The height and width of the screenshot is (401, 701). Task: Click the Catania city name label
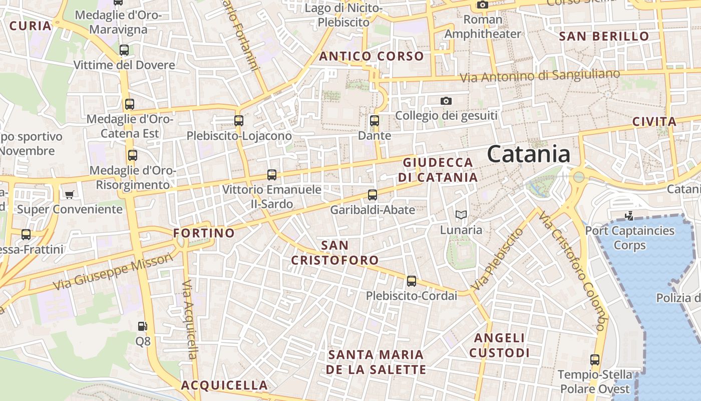point(528,154)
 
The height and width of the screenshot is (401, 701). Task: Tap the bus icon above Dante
point(374,121)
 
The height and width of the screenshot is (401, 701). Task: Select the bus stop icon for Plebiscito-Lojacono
point(239,121)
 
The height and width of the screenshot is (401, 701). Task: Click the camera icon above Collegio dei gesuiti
point(446,101)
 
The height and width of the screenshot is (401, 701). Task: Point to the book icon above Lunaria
point(461,215)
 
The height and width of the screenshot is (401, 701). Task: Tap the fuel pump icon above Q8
point(143,326)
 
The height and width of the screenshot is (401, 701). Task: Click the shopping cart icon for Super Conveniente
point(70,194)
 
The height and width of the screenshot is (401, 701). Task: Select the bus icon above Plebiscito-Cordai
point(412,281)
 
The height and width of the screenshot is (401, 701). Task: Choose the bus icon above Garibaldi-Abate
point(373,195)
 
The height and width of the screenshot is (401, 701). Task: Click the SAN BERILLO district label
point(604,37)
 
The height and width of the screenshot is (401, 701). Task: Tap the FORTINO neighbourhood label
point(204,233)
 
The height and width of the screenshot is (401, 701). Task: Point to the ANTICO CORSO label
point(372,56)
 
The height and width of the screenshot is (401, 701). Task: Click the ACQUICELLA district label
point(224,385)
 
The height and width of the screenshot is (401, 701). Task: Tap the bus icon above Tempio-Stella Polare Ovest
point(595,360)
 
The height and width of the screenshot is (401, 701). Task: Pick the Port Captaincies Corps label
point(630,238)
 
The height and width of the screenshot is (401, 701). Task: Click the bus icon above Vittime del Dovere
point(124,50)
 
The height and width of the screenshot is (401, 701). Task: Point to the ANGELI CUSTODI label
point(499,345)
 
